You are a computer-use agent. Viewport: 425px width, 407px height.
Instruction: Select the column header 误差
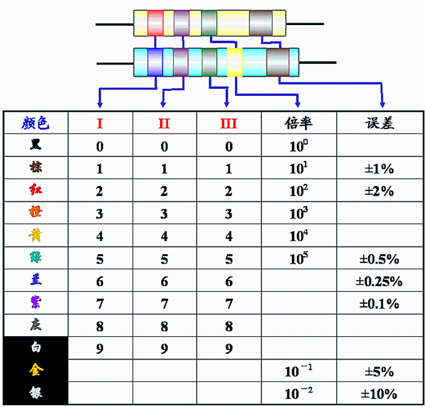[379, 123]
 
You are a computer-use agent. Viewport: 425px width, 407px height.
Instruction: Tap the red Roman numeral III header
[228, 123]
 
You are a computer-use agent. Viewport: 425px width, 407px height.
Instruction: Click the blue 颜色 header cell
[36, 123]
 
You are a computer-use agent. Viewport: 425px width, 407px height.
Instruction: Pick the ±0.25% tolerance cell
[379, 281]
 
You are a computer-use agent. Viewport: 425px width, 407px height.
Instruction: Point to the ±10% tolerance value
[379, 394]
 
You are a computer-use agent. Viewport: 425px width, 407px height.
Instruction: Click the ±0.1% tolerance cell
[379, 304]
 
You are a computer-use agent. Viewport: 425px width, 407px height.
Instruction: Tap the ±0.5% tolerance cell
[379, 259]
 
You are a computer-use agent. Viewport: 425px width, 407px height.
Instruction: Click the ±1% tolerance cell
[379, 169]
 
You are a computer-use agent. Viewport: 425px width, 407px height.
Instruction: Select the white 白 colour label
[36, 348]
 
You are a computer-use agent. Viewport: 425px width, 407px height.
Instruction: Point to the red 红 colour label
[36, 190]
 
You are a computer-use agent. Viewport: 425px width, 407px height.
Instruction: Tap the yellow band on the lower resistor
[234, 62]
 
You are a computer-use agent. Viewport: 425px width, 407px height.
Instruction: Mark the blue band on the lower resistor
[155, 62]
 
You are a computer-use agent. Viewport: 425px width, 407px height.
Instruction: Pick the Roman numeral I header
[100, 123]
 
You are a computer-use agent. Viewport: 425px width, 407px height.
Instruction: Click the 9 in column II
[164, 350]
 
